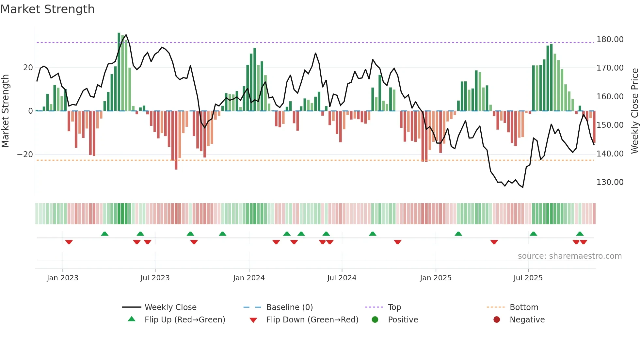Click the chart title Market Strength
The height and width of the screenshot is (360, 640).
pyautogui.click(x=47, y=9)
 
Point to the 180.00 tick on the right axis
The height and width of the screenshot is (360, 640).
pyautogui.click(x=610, y=40)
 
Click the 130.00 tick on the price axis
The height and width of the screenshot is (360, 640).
pyautogui.click(x=610, y=182)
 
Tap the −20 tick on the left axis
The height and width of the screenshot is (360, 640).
pyautogui.click(x=25, y=155)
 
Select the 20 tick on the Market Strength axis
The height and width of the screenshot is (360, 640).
pyautogui.click(x=28, y=68)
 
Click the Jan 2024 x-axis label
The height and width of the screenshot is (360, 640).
pyautogui.click(x=249, y=278)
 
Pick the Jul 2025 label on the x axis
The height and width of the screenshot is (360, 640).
pyautogui.click(x=528, y=278)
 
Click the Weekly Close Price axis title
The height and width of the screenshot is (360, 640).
pyautogui.click(x=634, y=111)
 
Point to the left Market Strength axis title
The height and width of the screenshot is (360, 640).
pyautogui.click(x=6, y=111)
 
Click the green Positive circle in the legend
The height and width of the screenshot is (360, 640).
pyautogui.click(x=375, y=320)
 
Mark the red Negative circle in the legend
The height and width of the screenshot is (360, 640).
pyautogui.click(x=497, y=320)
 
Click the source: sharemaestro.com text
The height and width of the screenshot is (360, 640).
pyautogui.click(x=569, y=256)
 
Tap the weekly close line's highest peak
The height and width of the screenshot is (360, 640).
pyautogui.click(x=126, y=35)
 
